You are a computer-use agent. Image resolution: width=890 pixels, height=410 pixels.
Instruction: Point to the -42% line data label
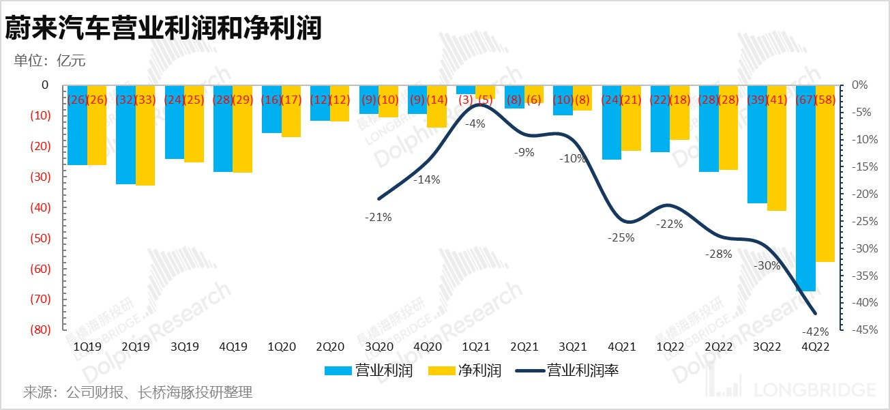pos(816,332)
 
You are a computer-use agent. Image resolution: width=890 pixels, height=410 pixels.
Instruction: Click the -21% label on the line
pos(379,218)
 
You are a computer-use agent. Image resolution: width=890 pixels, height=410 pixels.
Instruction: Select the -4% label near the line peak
pos(475,123)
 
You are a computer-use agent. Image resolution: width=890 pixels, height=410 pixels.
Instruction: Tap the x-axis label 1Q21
pos(475,347)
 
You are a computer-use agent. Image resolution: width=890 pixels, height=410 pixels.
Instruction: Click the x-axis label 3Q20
pos(379,347)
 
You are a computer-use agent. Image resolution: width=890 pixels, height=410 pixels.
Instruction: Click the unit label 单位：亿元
pos(50,60)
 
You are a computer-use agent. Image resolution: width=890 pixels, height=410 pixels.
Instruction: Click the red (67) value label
pos(805,100)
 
